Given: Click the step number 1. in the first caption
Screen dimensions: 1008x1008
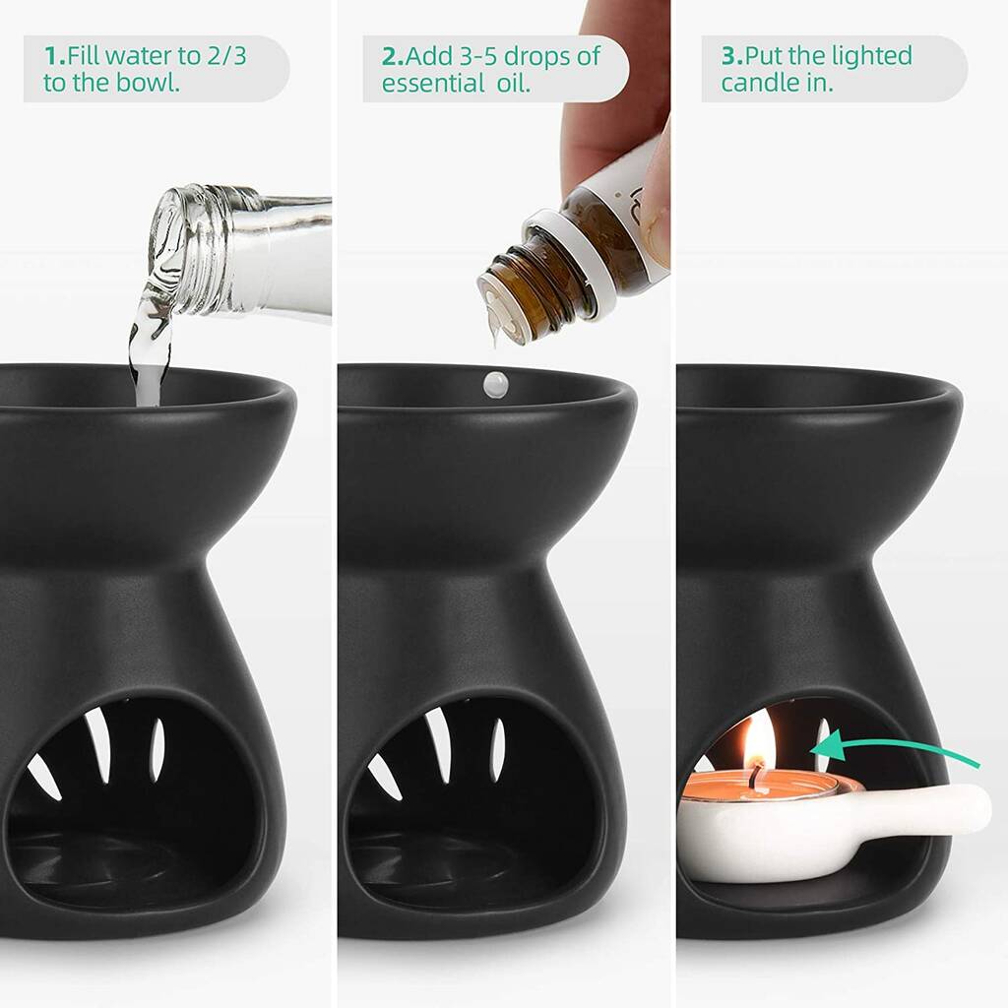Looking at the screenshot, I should pos(55,56).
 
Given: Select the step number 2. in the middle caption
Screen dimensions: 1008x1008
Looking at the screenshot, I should pos(394,56).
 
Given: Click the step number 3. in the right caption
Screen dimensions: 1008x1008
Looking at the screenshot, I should pos(733,56).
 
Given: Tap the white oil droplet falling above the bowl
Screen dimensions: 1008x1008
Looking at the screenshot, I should pos(496,384).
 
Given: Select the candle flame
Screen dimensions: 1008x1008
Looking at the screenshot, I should pos(759,738).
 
